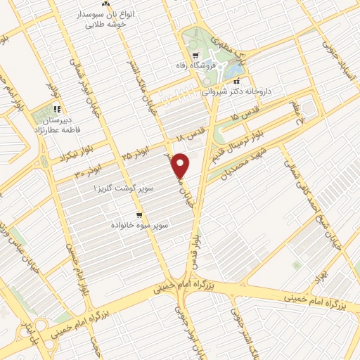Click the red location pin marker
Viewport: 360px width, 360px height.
pyautogui.click(x=181, y=165)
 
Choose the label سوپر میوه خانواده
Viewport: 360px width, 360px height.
pyautogui.click(x=141, y=225)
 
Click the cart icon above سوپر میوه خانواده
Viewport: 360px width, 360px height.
pyautogui.click(x=140, y=214)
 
